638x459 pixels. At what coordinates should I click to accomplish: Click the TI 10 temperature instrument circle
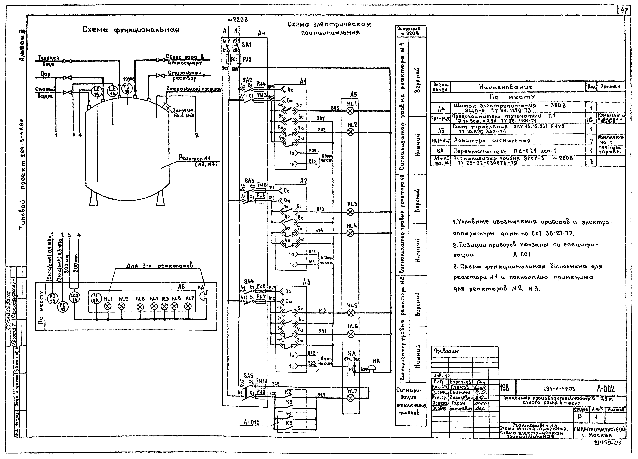(x=127, y=89)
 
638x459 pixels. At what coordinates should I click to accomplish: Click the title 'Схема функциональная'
(x=131, y=30)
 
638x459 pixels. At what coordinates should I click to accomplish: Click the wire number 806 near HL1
(x=335, y=108)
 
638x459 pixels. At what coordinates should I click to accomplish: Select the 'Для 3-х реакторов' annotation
(x=159, y=265)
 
